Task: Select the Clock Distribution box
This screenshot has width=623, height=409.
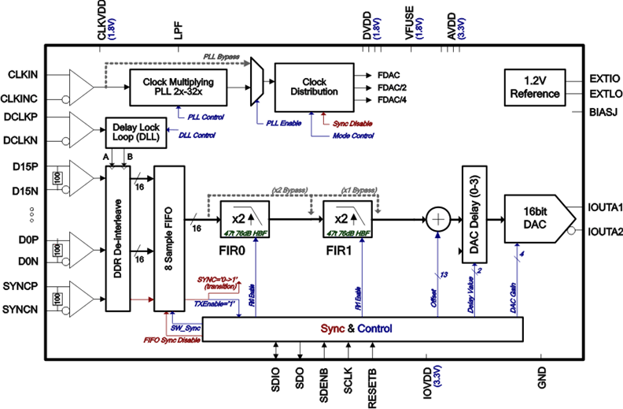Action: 314,87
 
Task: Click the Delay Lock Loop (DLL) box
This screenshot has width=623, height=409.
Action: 142,131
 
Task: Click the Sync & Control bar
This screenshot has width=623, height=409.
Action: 363,328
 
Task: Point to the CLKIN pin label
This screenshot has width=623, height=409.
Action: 23,74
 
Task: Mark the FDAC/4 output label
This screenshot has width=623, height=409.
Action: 393,100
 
